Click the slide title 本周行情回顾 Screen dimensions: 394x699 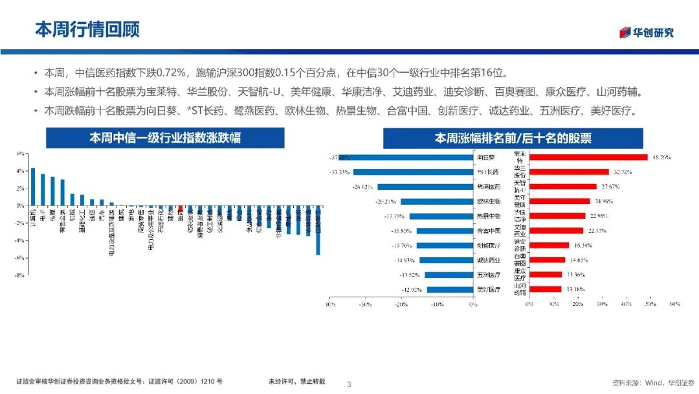click(87, 29)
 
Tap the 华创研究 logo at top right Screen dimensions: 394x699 click(647, 32)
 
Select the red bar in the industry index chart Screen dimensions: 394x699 click(181, 209)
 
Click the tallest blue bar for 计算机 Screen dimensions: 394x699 click(33, 187)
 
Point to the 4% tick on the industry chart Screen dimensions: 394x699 click(20, 171)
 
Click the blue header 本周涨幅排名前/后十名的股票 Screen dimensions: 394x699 click(513, 138)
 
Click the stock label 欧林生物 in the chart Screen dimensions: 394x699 click(489, 201)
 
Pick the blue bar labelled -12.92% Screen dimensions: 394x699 click(450, 290)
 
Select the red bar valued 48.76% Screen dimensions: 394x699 click(588, 157)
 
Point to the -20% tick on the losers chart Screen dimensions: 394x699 click(401, 303)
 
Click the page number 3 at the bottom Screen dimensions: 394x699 click(349, 384)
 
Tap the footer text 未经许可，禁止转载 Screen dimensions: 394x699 click(297, 382)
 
